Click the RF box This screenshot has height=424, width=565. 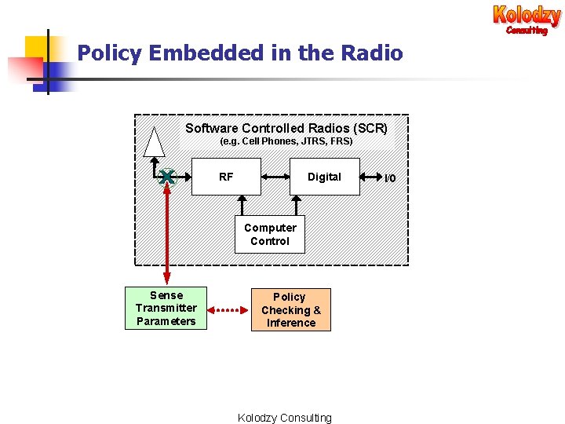tap(226, 177)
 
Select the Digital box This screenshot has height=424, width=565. tap(324, 177)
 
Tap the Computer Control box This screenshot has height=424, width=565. tap(270, 235)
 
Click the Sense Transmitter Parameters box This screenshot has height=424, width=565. tap(166, 309)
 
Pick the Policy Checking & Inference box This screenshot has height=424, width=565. tap(290, 310)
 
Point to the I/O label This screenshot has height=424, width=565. tap(390, 178)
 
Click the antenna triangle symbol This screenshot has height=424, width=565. tap(155, 143)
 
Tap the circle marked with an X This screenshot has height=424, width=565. tap(166, 177)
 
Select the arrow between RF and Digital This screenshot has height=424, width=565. tap(275, 177)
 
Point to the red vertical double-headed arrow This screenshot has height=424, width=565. tap(166, 236)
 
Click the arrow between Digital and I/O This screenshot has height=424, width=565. tap(370, 178)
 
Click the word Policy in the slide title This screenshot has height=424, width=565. tap(110, 53)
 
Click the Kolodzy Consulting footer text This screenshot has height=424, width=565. tap(284, 418)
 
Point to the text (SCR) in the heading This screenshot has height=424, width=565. tap(370, 128)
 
